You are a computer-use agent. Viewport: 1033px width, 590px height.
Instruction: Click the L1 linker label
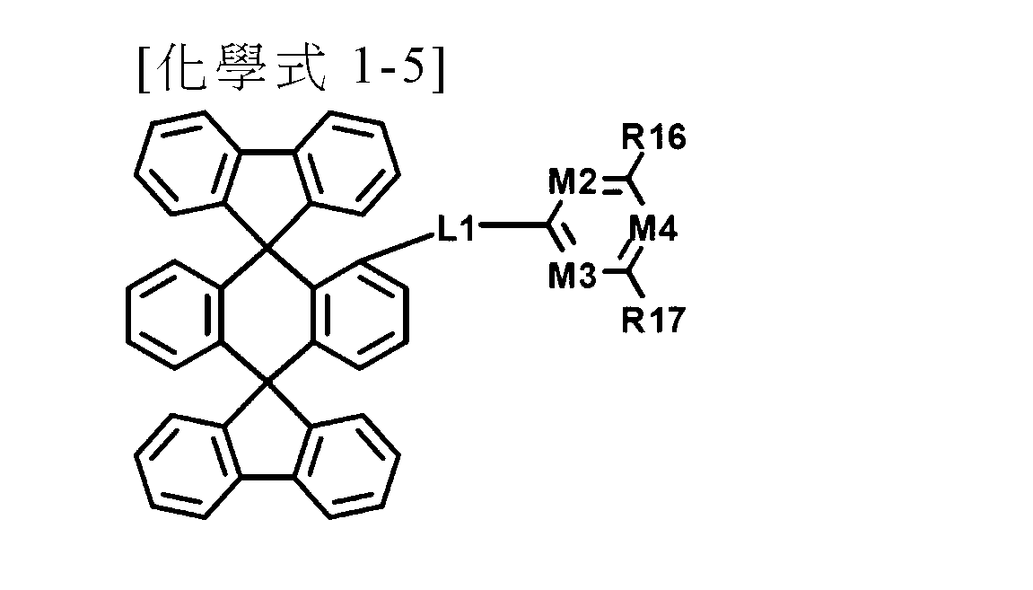coord(456,229)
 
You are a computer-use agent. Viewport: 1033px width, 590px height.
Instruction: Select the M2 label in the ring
coord(573,182)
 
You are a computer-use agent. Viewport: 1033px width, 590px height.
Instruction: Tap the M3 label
coord(573,276)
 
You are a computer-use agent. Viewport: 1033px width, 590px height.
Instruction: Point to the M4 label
coord(652,229)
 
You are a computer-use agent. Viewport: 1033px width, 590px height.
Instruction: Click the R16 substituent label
coord(653,137)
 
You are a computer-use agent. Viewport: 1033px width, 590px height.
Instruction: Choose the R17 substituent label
coord(653,321)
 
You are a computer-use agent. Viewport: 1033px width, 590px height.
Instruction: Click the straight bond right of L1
coord(514,225)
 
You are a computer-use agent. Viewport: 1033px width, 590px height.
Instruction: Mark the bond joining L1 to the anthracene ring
coord(398,247)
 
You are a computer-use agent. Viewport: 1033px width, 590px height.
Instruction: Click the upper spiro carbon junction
coord(267,249)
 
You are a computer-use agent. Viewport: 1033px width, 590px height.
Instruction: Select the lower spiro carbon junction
coord(267,382)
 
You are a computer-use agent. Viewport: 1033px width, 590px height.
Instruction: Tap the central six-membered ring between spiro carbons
coord(267,315)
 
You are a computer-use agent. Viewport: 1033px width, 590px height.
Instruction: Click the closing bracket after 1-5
coord(438,67)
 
